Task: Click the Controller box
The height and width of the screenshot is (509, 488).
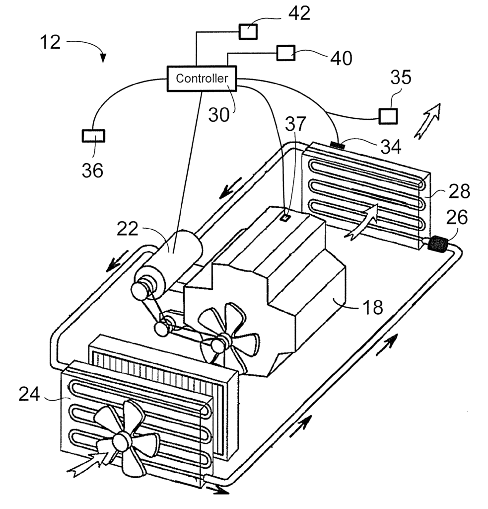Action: pos(202,79)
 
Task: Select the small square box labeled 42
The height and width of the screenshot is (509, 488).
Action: pos(248,32)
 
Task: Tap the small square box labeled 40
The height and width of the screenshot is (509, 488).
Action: pos(285,53)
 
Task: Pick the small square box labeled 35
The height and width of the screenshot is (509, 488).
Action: pos(388,116)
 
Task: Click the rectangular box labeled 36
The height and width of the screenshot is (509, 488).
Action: pos(93,136)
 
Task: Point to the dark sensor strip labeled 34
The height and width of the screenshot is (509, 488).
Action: pos(338,144)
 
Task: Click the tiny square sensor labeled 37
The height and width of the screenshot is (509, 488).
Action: pos(285,218)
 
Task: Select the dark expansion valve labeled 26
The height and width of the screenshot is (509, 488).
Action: pos(438,244)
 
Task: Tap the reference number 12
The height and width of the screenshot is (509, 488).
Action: pos(50,43)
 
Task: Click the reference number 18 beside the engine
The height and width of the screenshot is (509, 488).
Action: pos(373,307)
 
